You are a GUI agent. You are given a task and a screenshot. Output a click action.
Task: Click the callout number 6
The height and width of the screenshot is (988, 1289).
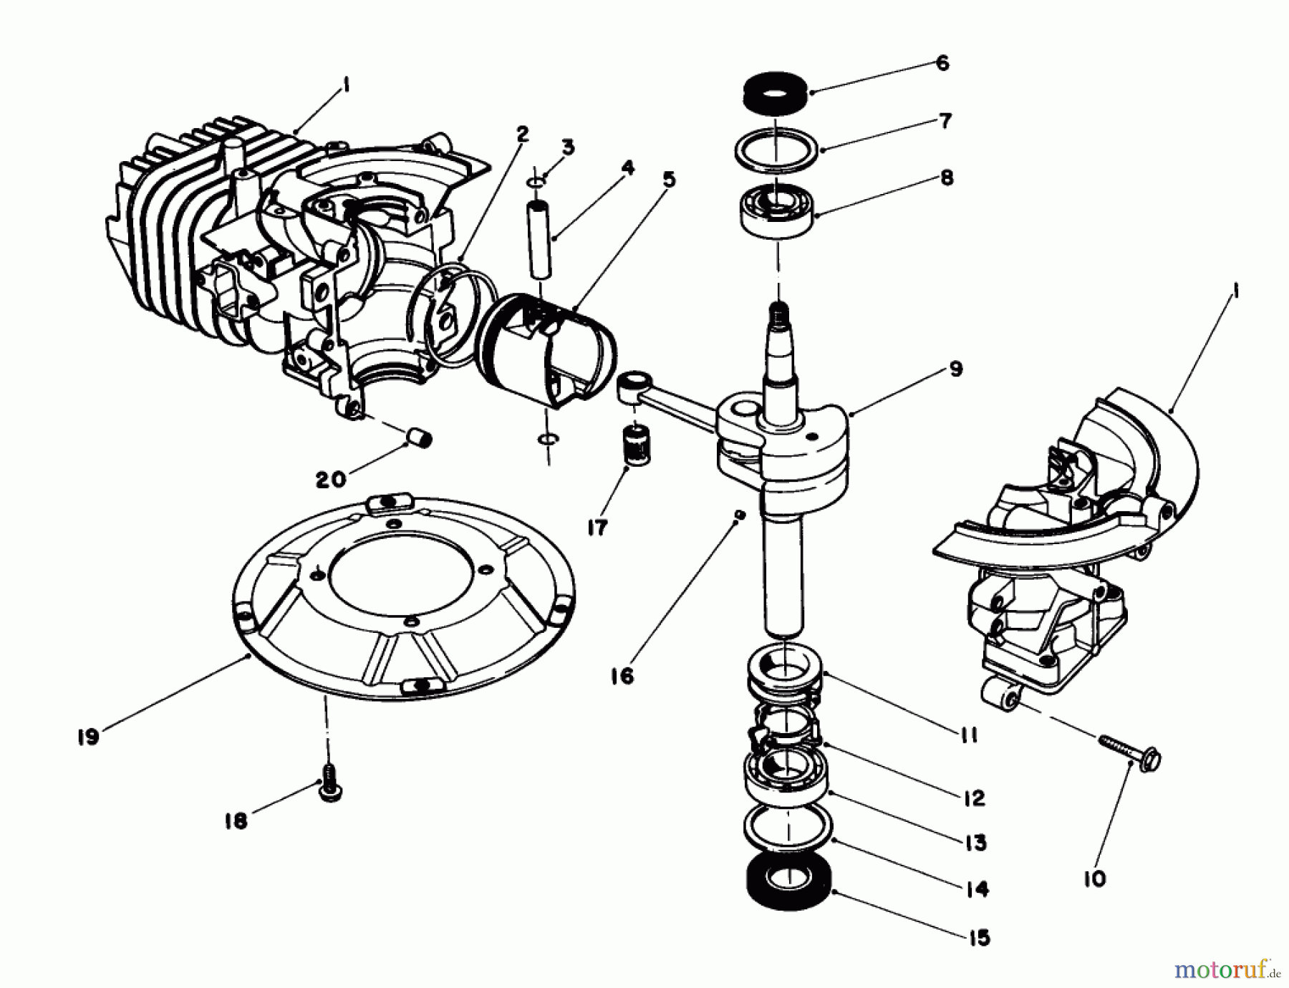tap(942, 63)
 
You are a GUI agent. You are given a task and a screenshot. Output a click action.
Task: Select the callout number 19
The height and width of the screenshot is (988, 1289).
tap(87, 737)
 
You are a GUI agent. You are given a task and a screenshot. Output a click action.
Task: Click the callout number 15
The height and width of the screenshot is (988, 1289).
tap(978, 937)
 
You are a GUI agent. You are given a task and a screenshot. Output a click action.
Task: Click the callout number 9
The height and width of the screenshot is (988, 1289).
tap(957, 369)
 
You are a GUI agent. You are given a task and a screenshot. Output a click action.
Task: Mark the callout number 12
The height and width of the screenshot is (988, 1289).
tap(975, 798)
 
